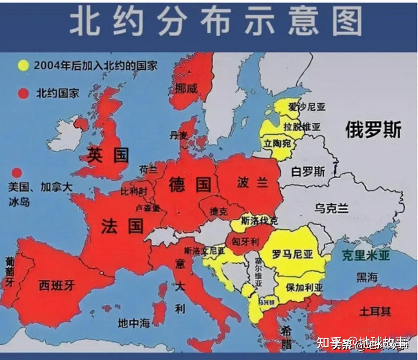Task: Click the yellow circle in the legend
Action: point(23,66)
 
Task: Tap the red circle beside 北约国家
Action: point(23,93)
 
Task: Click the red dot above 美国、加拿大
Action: point(17,172)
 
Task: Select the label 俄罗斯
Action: point(373,129)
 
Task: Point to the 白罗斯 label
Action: point(308,172)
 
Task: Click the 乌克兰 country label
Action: point(331,208)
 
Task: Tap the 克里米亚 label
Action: point(365,255)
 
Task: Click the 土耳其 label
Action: point(375,311)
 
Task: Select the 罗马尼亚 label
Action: point(292,255)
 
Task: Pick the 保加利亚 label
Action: point(304,287)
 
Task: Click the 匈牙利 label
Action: point(245,241)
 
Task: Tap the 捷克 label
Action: point(219,211)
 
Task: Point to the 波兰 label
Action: point(252,183)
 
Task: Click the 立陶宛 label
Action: point(277,143)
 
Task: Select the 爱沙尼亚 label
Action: point(307,107)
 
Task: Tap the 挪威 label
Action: point(186,88)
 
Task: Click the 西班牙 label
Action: point(57,286)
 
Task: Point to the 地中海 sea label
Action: point(134,323)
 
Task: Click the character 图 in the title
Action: point(347,21)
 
